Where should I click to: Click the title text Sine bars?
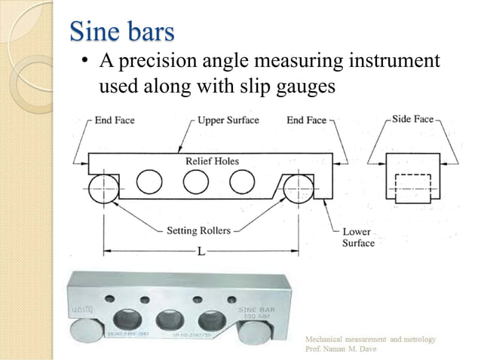click(x=121, y=32)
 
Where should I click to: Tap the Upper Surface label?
click(x=228, y=120)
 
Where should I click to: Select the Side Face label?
click(x=412, y=119)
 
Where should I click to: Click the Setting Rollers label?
click(x=198, y=230)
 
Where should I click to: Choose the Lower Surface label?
click(x=358, y=237)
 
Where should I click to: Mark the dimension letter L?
click(x=201, y=251)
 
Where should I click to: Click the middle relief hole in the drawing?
click(x=196, y=182)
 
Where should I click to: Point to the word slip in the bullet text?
click(x=258, y=86)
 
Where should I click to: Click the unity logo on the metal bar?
click(x=81, y=310)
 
